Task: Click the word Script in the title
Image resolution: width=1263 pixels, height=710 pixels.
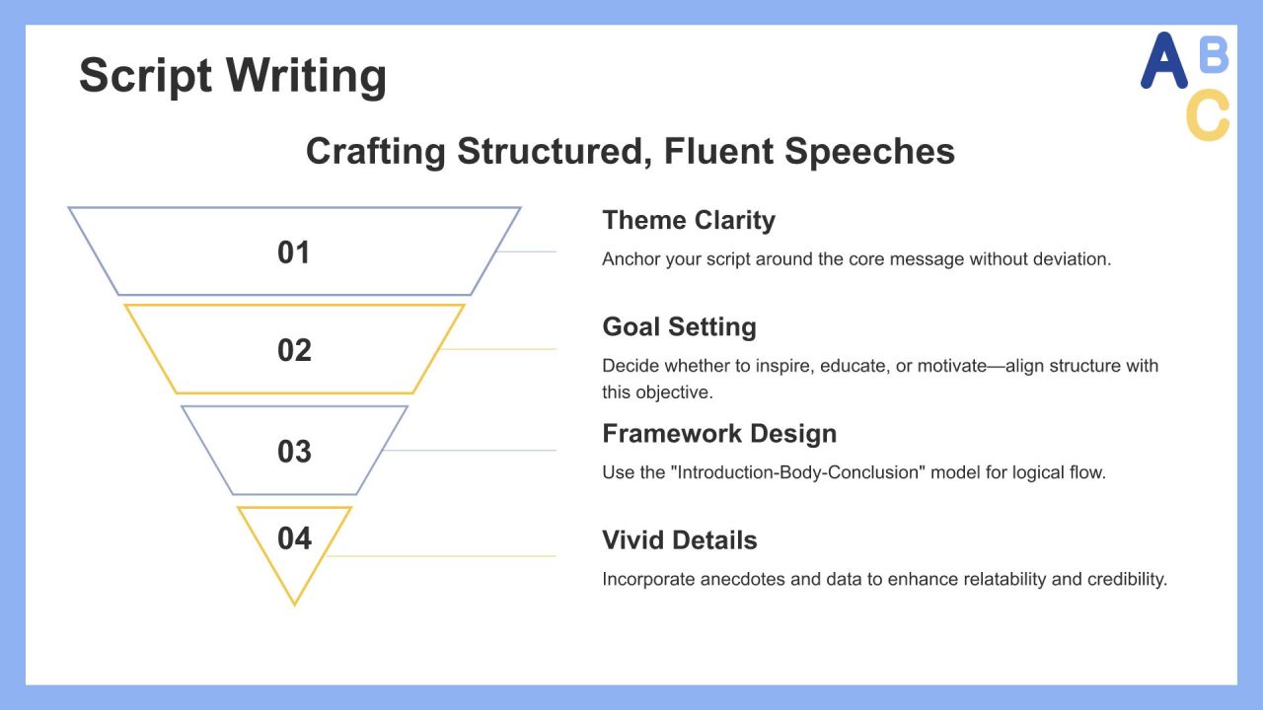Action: [x=145, y=76]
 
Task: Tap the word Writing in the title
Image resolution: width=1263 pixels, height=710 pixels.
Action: [x=307, y=76]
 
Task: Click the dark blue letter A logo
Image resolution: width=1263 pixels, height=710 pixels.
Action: [x=1163, y=60]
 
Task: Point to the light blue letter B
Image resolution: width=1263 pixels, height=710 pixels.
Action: [x=1214, y=54]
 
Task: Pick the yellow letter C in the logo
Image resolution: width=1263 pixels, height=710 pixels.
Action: [x=1208, y=115]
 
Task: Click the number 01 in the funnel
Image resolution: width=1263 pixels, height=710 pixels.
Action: [x=294, y=252]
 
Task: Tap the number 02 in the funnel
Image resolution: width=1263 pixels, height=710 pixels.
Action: [x=294, y=350]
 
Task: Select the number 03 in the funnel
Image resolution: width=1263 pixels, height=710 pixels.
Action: [x=294, y=452]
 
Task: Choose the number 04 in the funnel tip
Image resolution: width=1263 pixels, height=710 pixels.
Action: [x=294, y=538]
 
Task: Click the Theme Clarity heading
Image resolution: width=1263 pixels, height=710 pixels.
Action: [x=689, y=220]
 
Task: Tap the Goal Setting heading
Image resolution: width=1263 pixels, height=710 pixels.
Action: [x=680, y=326]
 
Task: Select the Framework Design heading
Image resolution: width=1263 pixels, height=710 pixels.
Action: [x=719, y=434]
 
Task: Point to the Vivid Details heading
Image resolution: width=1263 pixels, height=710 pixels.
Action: [x=680, y=540]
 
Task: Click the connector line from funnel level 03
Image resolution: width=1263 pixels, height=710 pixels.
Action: [x=469, y=451]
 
